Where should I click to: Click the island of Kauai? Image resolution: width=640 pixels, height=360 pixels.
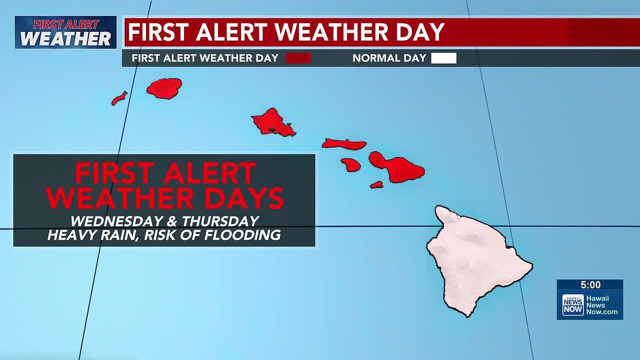pos(164,88)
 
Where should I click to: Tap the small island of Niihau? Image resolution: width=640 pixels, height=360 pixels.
pos(119,98)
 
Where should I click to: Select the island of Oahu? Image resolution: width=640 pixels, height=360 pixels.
pos(272,123)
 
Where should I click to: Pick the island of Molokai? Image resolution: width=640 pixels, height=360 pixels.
pos(344,144)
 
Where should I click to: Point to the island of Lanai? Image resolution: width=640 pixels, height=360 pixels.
pos(351,164)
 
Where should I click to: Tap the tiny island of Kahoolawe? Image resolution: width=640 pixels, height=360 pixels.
pos(376,184)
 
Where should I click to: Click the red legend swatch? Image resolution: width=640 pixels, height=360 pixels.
pos(298,58)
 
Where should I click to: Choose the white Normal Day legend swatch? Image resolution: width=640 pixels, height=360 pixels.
pos(444,58)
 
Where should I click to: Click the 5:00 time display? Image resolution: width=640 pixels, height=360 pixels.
pos(590,285)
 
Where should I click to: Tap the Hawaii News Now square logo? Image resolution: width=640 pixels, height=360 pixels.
pos(573,304)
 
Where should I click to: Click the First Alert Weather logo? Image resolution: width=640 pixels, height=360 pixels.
pos(65,32)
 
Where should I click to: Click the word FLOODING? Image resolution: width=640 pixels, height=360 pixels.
pos(242,235)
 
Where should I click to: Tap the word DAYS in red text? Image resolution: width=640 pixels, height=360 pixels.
pos(241,198)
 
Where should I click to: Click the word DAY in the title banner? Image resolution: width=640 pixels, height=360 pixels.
pos(419,32)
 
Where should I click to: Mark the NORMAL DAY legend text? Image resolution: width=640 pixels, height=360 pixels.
pos(389,58)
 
